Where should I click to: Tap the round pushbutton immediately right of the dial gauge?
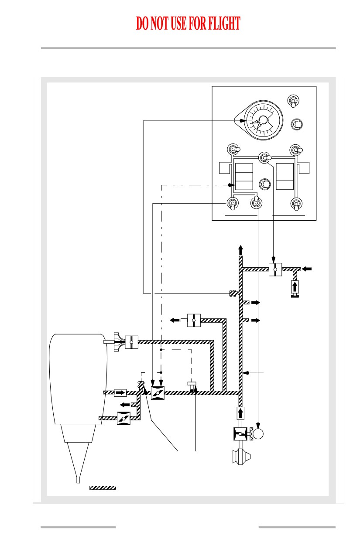(x=297, y=124)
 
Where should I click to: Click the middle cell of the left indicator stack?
(x=244, y=177)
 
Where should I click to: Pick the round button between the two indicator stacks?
(x=265, y=184)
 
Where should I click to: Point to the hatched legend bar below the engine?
(x=103, y=488)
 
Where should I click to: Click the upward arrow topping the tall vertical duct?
(x=240, y=250)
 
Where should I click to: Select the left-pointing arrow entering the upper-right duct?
(x=307, y=269)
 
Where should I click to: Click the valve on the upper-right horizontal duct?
(x=275, y=269)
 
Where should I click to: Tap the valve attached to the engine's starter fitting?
(x=131, y=342)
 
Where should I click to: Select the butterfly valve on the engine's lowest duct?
(x=123, y=418)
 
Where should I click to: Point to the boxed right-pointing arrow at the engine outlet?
(x=120, y=392)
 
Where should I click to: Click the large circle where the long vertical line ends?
(x=258, y=433)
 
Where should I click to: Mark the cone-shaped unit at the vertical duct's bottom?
(x=241, y=457)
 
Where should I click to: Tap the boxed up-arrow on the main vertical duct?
(x=240, y=413)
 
